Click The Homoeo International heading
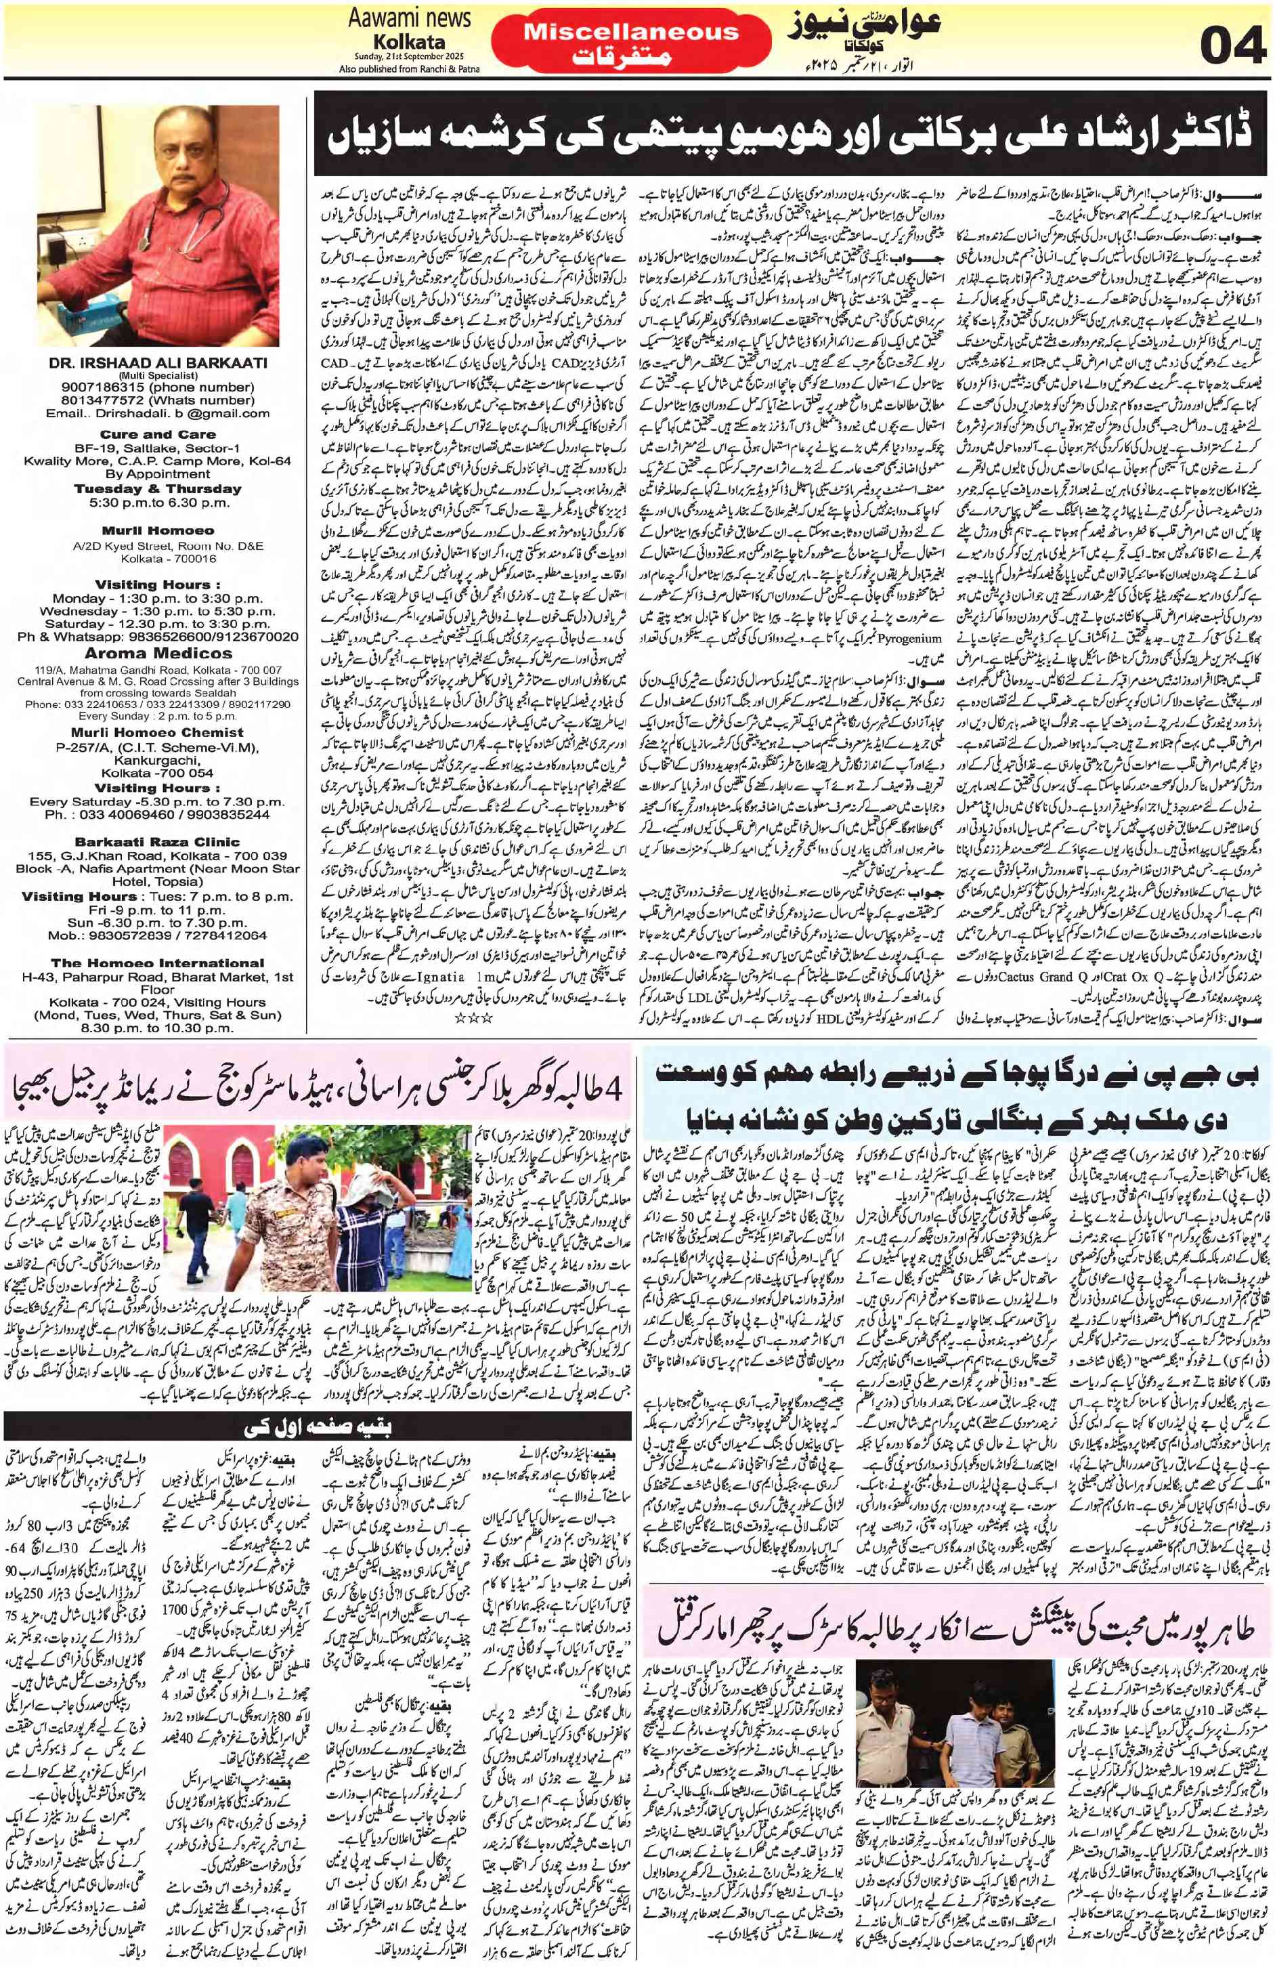[x=157, y=963]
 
